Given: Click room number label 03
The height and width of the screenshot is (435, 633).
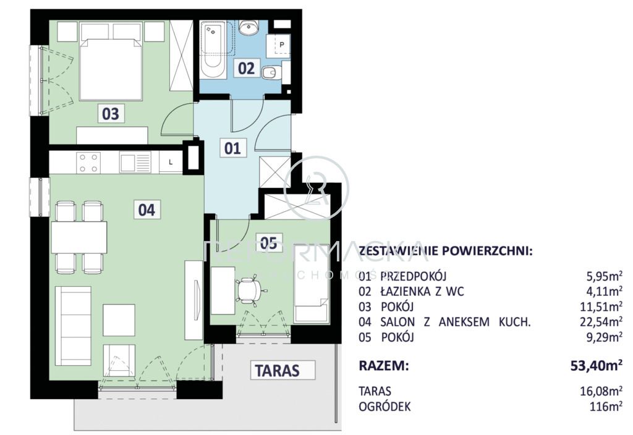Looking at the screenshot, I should pyautogui.click(x=111, y=114).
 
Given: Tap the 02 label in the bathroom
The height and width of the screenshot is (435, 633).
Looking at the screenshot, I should pyautogui.click(x=246, y=68).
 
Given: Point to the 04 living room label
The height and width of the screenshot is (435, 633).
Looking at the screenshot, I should pyautogui.click(x=147, y=209).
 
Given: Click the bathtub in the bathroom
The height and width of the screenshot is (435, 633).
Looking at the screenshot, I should pyautogui.click(x=213, y=49).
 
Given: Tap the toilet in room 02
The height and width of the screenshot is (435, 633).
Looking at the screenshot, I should pyautogui.click(x=270, y=74).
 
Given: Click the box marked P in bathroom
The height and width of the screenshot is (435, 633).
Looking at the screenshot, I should pyautogui.click(x=281, y=45).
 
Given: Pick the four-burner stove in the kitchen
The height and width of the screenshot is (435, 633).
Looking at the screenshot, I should pyautogui.click(x=88, y=163).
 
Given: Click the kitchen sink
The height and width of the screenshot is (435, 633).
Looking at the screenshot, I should pyautogui.click(x=135, y=163).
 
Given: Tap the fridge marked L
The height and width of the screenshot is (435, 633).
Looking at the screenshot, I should pyautogui.click(x=171, y=163).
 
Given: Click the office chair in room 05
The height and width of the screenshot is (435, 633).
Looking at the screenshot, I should pyautogui.click(x=249, y=290).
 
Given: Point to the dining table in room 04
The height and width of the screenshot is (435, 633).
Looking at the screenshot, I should pyautogui.click(x=79, y=237).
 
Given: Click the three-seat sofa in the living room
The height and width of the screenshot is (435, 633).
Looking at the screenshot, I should pyautogui.click(x=73, y=326).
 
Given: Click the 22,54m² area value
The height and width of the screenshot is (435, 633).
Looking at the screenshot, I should pyautogui.click(x=604, y=322).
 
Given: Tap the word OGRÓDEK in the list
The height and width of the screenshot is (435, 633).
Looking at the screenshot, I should pyautogui.click(x=384, y=407).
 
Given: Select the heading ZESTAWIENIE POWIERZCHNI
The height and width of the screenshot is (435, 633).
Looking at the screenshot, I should pyautogui.click(x=445, y=251).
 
